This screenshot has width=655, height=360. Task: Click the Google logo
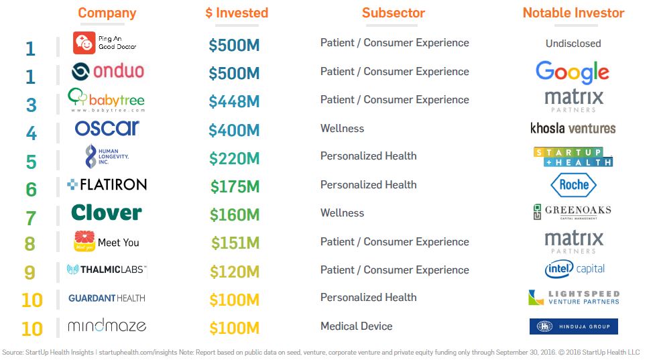click(x=573, y=72)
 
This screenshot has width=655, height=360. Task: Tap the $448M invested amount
click(x=234, y=101)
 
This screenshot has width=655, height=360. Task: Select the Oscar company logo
click(x=107, y=128)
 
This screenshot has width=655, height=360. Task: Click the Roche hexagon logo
click(x=573, y=185)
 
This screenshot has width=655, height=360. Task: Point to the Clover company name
click(x=107, y=213)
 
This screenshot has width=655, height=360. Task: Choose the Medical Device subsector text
click(x=356, y=326)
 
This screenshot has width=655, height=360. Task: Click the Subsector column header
click(x=394, y=13)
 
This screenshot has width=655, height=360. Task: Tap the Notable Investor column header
click(x=573, y=13)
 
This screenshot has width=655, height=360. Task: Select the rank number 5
click(x=31, y=162)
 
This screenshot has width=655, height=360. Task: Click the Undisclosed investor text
click(x=573, y=44)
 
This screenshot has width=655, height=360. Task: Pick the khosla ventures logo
click(x=573, y=128)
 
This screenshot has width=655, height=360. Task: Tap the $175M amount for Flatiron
click(x=235, y=186)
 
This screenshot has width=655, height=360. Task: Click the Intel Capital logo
click(x=574, y=269)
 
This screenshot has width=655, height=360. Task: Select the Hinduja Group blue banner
click(x=573, y=326)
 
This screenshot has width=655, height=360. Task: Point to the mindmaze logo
click(x=107, y=326)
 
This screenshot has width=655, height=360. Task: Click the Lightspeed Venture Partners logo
click(x=573, y=298)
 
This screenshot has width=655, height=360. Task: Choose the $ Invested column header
click(x=237, y=13)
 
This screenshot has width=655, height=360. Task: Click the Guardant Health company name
click(x=107, y=298)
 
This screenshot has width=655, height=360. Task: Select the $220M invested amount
click(x=234, y=158)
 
